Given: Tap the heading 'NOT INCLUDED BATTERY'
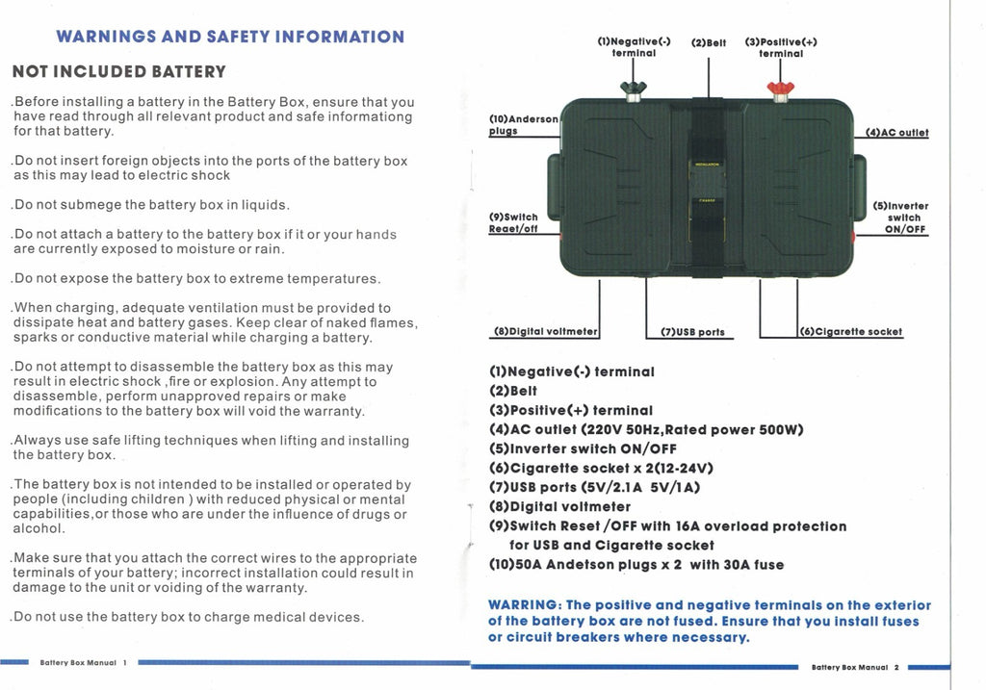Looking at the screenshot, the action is tap(118, 71).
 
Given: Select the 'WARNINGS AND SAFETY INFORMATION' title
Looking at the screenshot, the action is tap(230, 37).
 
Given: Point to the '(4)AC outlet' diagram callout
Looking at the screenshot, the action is tap(896, 133).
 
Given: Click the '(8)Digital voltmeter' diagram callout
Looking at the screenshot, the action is tap(546, 332).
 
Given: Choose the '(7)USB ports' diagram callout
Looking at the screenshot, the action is tap(692, 332).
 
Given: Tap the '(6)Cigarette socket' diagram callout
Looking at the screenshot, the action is tap(852, 332).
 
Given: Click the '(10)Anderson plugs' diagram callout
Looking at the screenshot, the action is tap(523, 125).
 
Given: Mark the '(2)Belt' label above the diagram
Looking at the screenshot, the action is tap(709, 42).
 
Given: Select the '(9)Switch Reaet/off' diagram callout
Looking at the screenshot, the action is tap(513, 223).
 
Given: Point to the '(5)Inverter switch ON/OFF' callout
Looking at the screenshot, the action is tap(900, 217).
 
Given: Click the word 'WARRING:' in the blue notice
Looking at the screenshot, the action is tap(525, 605).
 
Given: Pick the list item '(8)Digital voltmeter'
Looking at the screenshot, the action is tap(559, 506).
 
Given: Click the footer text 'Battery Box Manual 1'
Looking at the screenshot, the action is tap(84, 662).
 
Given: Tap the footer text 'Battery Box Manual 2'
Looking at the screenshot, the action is tap(855, 667).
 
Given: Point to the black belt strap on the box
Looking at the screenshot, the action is tap(708, 188).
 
